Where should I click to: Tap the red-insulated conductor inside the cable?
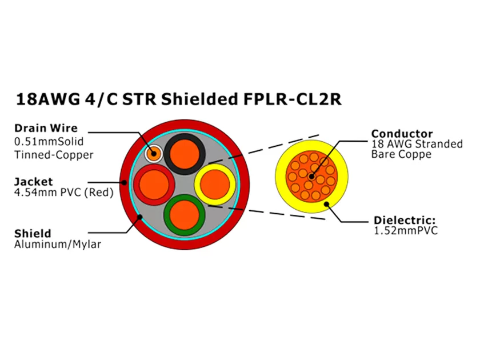[155, 185]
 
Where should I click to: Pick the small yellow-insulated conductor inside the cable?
[214, 184]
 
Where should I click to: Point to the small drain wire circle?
[153, 153]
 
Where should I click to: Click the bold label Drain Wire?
[45, 128]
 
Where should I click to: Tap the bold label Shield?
[33, 233]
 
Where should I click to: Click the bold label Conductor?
[402, 134]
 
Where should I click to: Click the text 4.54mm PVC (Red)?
[63, 193]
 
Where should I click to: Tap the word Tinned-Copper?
[54, 155]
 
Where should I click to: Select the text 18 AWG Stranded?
[417, 144]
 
